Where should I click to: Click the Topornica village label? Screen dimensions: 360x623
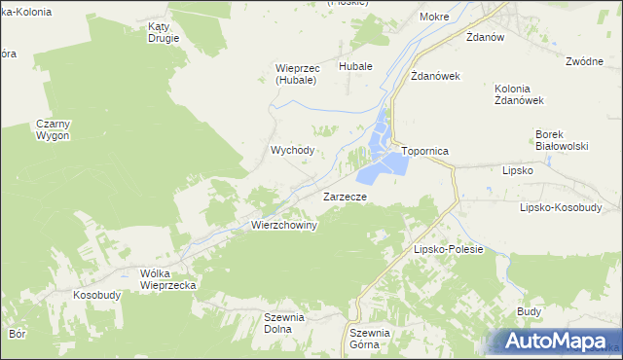[424, 152]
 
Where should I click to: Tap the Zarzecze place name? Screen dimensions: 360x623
[345, 196]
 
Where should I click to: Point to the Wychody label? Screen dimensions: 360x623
[292, 151]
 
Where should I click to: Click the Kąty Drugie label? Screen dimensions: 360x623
[164, 33]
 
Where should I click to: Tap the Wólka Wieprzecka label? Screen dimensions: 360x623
[168, 279]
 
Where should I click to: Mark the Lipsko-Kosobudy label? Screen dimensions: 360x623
[561, 207]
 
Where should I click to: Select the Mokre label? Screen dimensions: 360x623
[434, 17]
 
